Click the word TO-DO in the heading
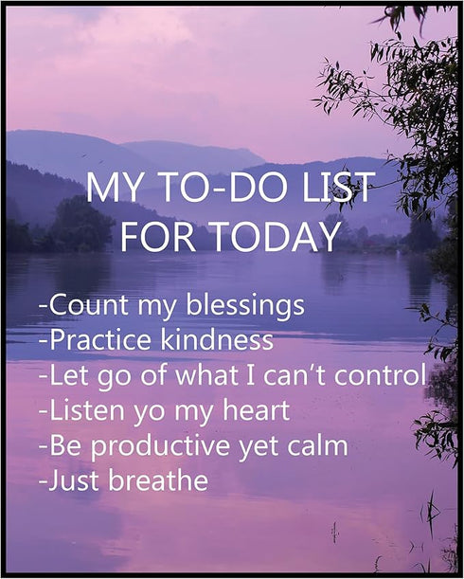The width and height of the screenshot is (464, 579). point(215,188)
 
